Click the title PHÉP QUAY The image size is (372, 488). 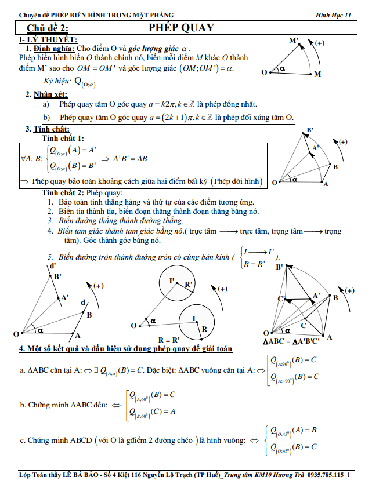(x=181, y=28)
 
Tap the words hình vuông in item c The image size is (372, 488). (x=223, y=440)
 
